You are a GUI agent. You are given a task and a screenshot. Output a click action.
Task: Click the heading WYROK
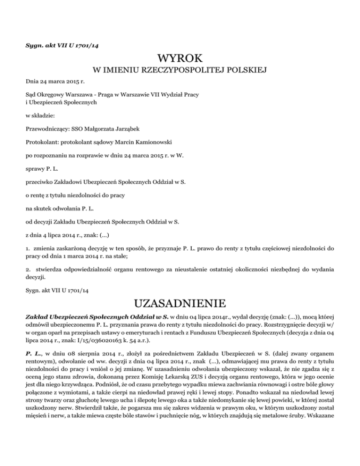pyautogui.click(x=180, y=59)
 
